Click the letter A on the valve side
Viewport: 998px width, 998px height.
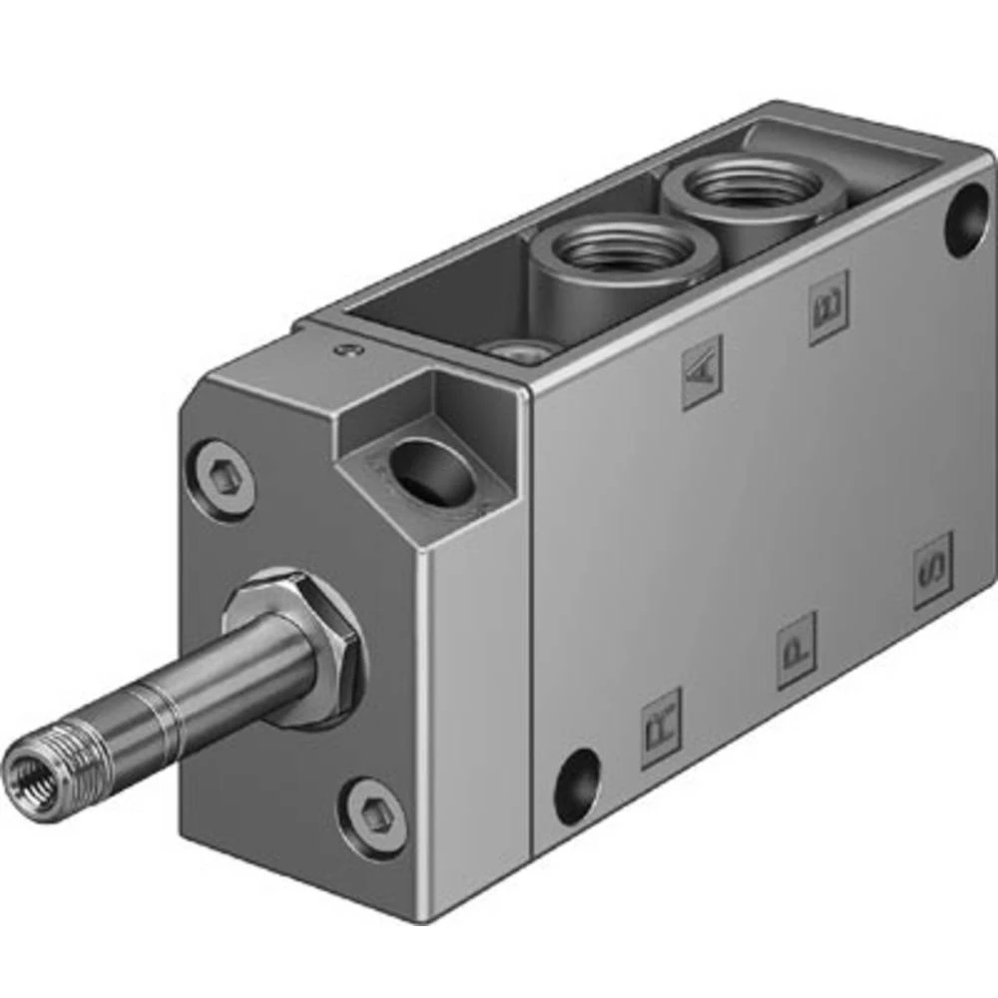click(x=702, y=371)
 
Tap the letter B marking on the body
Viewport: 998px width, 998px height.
click(x=828, y=307)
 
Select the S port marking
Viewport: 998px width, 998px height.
click(x=933, y=571)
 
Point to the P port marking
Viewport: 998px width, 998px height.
click(x=796, y=651)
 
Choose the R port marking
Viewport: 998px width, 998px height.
click(x=661, y=728)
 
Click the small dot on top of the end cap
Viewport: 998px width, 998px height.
click(x=346, y=348)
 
